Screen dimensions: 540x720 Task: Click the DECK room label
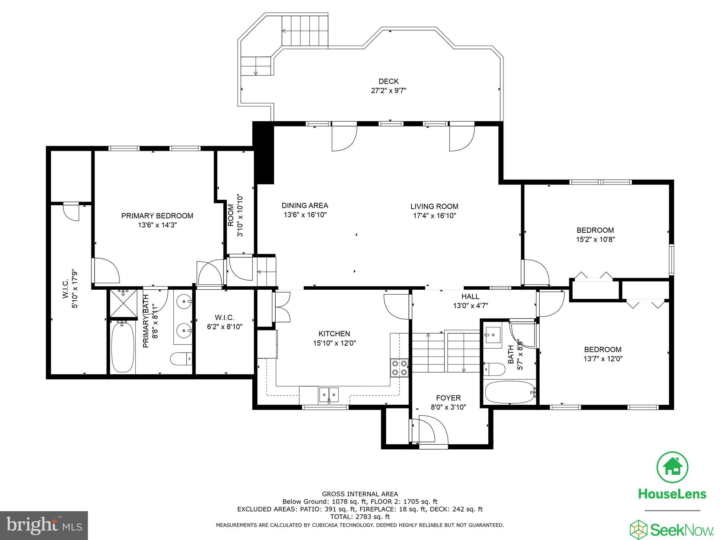(388, 81)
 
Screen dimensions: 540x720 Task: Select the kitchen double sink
(329, 394)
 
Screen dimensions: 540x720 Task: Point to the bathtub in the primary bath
(123, 347)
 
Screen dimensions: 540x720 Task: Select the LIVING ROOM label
(434, 206)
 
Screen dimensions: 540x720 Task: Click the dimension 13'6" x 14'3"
(157, 225)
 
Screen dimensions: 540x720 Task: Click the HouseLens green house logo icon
(672, 467)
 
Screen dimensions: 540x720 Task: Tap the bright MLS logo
(44, 526)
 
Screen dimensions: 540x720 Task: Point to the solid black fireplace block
(263, 153)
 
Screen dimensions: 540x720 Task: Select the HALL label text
(470, 296)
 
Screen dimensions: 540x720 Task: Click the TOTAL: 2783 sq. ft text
(360, 517)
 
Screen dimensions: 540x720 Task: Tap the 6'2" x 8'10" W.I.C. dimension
(225, 327)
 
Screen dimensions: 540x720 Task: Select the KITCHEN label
(334, 334)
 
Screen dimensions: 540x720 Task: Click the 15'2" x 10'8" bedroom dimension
(595, 239)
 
